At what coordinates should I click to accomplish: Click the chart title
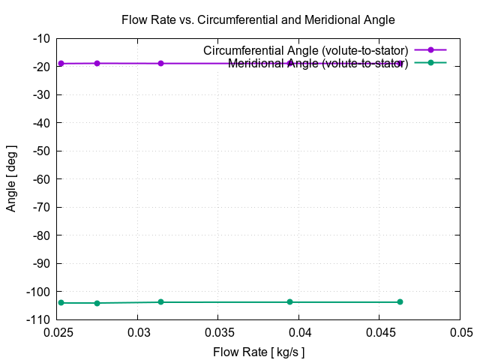[x=258, y=19]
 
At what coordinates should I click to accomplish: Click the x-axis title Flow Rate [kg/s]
[x=259, y=352]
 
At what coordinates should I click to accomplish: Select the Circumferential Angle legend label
[x=305, y=50]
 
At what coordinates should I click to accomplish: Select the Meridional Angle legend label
[x=317, y=63]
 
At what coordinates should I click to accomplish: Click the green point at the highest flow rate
[x=400, y=302]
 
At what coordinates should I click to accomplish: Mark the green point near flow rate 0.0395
[x=290, y=302]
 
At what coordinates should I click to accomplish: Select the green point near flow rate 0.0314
[x=160, y=302]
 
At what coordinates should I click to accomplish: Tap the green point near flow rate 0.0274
[x=97, y=303]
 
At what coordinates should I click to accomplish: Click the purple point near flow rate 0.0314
[x=160, y=63]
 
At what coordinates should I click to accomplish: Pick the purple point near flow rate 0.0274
[x=97, y=63]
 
